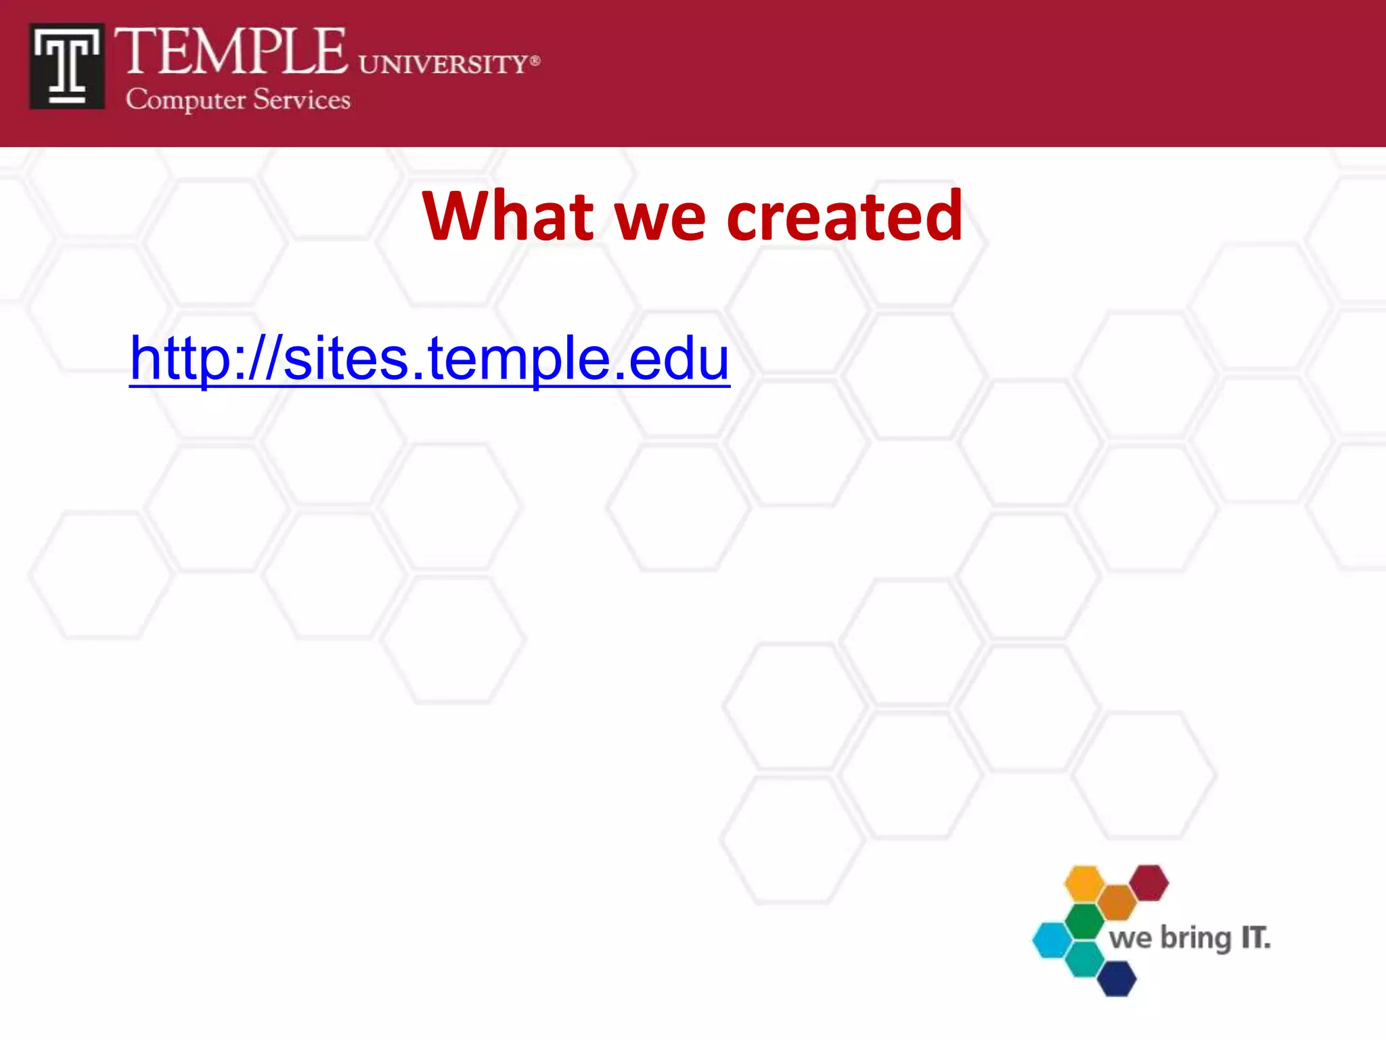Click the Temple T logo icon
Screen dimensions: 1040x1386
click(66, 66)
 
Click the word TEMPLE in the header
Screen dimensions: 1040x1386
click(230, 52)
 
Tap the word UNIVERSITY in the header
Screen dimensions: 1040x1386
click(443, 65)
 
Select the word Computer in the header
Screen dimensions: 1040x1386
click(185, 100)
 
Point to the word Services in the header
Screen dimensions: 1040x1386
click(302, 100)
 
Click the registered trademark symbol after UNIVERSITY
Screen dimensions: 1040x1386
click(535, 60)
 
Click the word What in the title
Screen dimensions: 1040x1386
click(508, 216)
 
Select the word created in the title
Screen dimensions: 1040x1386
click(844, 216)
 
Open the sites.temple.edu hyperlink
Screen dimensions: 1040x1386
click(429, 358)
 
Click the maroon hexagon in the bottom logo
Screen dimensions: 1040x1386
click(1149, 882)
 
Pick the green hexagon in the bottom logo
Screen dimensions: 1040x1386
click(1085, 921)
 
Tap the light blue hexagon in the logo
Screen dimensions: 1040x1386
click(1052, 940)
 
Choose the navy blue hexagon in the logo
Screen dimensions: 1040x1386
click(1117, 978)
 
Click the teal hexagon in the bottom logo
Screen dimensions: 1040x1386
click(1085, 959)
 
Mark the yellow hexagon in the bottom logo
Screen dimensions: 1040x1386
click(1084, 883)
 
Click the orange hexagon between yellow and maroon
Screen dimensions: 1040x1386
click(1117, 902)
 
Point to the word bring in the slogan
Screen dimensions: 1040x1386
click(1196, 939)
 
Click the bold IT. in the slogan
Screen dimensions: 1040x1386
click(1255, 938)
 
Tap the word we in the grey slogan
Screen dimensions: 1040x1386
click(1130, 939)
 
